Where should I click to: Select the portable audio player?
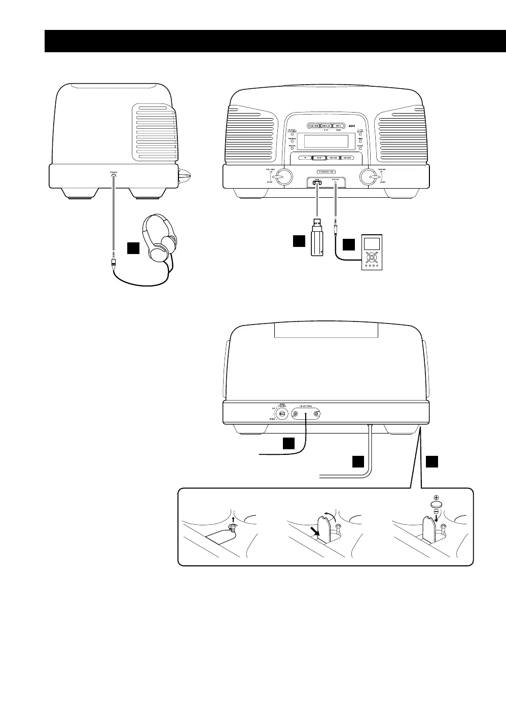pos(372,253)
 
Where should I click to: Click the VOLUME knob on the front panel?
pos(284,176)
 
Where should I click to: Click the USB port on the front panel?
pos(317,184)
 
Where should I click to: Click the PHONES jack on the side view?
pos(114,176)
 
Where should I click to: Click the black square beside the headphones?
pos(133,248)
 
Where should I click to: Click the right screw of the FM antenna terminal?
pos(316,415)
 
